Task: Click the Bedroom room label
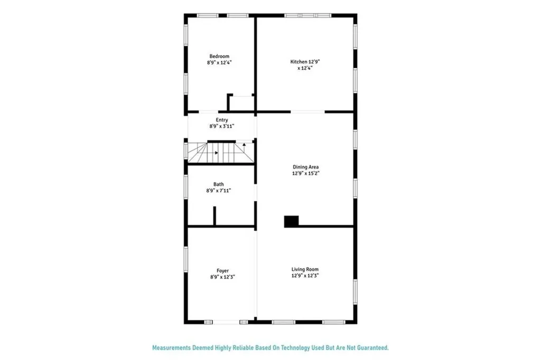coord(219,56)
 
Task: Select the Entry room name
coord(222,120)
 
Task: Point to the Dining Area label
coord(306,167)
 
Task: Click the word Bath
coord(218,184)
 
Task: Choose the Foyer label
coord(222,271)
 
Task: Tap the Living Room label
coord(305,269)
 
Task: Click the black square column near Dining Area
coord(291,221)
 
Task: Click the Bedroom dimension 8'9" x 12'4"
coord(219,62)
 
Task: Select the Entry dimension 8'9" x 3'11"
coord(222,126)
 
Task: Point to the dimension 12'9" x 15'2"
coord(306,173)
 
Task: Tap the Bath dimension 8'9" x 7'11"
coord(218,190)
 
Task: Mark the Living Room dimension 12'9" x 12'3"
coord(305,275)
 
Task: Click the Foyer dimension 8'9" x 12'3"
coord(222,276)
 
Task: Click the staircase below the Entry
coord(221,153)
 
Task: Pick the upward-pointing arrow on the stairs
coord(244,144)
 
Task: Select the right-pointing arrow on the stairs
coord(216,153)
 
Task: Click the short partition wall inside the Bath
coord(214,216)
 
